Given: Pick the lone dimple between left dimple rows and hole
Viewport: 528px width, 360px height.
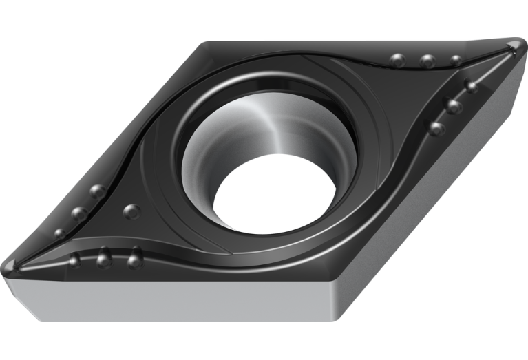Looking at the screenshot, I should [131, 211].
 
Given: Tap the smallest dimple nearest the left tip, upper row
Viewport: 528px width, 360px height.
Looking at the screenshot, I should [61, 233].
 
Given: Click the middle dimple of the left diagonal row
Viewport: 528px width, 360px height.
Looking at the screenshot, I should [79, 213].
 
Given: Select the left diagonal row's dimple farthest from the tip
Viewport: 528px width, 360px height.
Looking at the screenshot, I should [98, 191].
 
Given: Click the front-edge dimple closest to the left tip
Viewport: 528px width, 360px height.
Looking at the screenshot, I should [75, 260].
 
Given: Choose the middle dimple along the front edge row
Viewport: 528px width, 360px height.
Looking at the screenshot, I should [104, 259].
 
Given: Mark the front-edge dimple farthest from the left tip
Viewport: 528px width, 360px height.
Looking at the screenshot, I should [135, 260].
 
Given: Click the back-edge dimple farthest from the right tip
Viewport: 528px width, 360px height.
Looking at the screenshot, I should [397, 61].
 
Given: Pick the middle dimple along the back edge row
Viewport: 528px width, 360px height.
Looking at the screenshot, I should [427, 61].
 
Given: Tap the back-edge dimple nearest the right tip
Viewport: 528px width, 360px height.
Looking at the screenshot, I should [456, 61].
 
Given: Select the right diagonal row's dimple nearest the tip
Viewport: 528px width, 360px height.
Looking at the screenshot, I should [471, 86].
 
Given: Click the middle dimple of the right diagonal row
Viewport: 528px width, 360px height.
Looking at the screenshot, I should [453, 107].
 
